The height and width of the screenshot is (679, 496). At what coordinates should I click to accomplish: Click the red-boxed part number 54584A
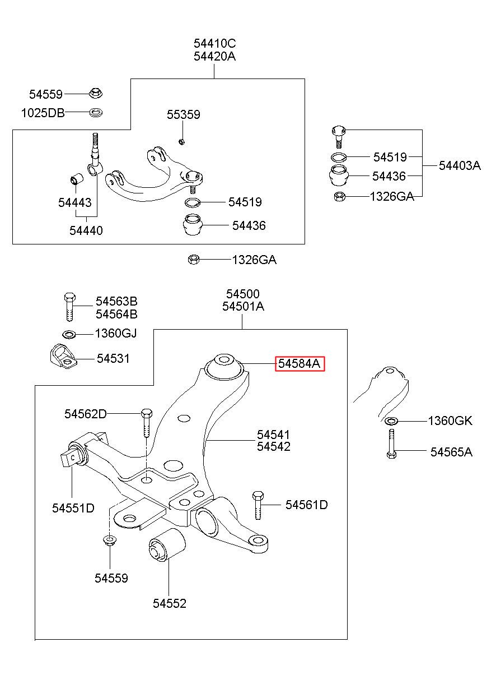point(300,363)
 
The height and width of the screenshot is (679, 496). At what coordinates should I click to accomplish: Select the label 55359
point(184,114)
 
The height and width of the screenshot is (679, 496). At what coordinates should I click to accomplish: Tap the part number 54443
point(75,202)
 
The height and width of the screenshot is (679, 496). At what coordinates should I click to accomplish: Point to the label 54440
point(86,230)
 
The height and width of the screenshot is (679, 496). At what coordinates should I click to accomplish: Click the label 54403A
point(460,166)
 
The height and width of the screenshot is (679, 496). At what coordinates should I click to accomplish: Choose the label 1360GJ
point(116,334)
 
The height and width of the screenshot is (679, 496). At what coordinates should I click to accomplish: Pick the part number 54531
point(113,359)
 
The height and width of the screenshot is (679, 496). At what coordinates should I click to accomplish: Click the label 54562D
point(85,414)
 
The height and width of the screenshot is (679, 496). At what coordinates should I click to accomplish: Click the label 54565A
point(451,452)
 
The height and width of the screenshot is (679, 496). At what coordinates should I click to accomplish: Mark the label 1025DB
point(43,113)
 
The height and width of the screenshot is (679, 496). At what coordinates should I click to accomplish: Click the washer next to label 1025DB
point(96,113)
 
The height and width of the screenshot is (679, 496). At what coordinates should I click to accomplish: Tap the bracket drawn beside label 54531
point(63,357)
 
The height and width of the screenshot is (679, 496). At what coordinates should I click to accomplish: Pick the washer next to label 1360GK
point(391,421)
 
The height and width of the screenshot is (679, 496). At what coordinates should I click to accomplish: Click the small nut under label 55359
point(181,141)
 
